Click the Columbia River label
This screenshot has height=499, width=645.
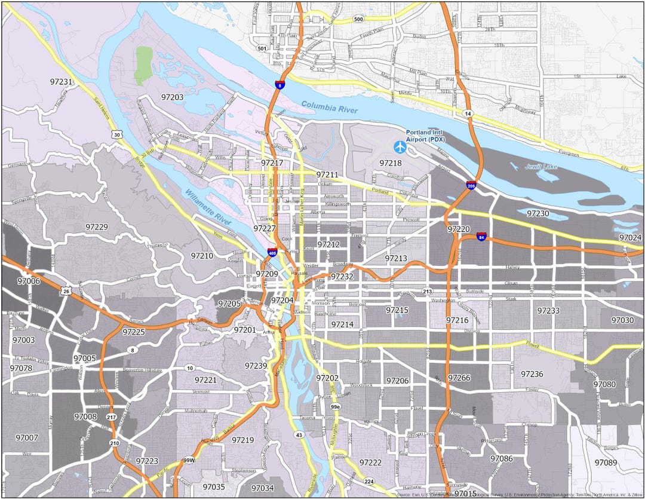(x=330, y=107)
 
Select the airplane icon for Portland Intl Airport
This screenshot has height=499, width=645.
(x=399, y=145)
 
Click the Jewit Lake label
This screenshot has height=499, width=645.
(x=542, y=167)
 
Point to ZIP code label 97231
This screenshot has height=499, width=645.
(x=62, y=82)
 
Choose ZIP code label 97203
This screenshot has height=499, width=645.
(x=172, y=96)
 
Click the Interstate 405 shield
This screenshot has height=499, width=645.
(x=272, y=253)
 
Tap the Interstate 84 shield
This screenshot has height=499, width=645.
(x=481, y=237)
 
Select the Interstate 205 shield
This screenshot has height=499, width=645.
(x=471, y=186)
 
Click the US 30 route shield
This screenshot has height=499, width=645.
(x=116, y=135)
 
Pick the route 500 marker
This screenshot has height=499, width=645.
(x=358, y=19)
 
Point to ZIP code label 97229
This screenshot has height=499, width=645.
(x=97, y=227)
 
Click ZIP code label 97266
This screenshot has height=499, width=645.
(x=459, y=378)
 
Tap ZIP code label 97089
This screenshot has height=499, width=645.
(x=606, y=462)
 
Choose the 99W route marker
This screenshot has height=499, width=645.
(x=189, y=460)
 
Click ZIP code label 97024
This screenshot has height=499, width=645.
(x=630, y=238)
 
